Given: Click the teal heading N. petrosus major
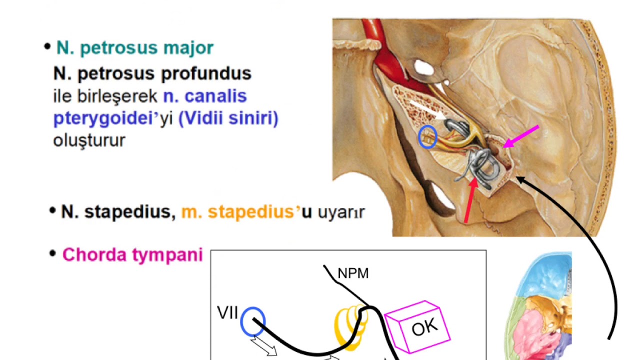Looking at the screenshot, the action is [135, 47].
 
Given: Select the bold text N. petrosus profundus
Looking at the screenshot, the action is [152, 73].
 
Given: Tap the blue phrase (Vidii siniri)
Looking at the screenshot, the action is [228, 118].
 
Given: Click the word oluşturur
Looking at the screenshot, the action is [89, 140].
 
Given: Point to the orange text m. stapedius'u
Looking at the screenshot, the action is [246, 211].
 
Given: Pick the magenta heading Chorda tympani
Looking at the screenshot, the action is [132, 254].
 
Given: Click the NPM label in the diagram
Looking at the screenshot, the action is [353, 273].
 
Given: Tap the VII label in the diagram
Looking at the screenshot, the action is [227, 312].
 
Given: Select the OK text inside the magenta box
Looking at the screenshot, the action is [424, 327].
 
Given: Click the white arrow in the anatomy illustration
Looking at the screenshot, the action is [428, 109].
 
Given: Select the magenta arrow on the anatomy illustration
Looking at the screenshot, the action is [521, 136].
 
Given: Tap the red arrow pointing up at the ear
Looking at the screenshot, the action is [470, 200].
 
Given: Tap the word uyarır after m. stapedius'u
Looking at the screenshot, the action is [341, 212].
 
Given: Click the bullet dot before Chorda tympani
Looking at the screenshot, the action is [52, 253].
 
